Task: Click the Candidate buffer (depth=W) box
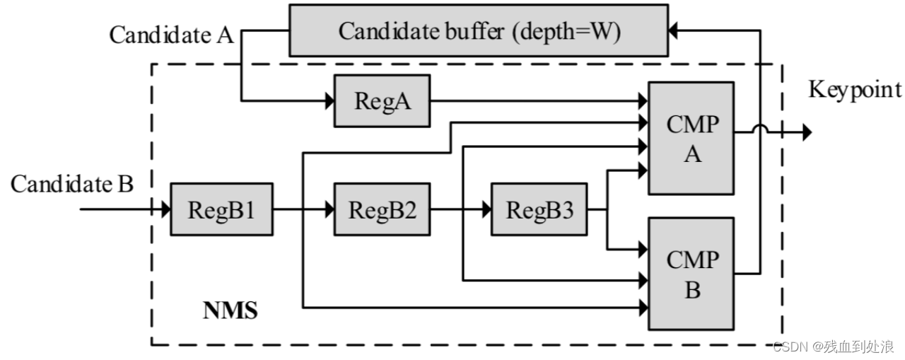point(478,30)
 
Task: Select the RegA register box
point(382,101)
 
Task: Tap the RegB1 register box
point(221,209)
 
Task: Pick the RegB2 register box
point(382,209)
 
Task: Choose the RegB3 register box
point(539,209)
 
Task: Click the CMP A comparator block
point(691,138)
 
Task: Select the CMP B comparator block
point(691,273)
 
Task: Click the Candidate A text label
point(171,35)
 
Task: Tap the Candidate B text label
point(72,185)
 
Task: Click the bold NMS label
point(230,310)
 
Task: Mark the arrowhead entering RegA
point(329,101)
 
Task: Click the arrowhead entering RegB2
point(329,209)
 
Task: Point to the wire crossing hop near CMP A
point(760,129)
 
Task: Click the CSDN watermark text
point(833,347)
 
